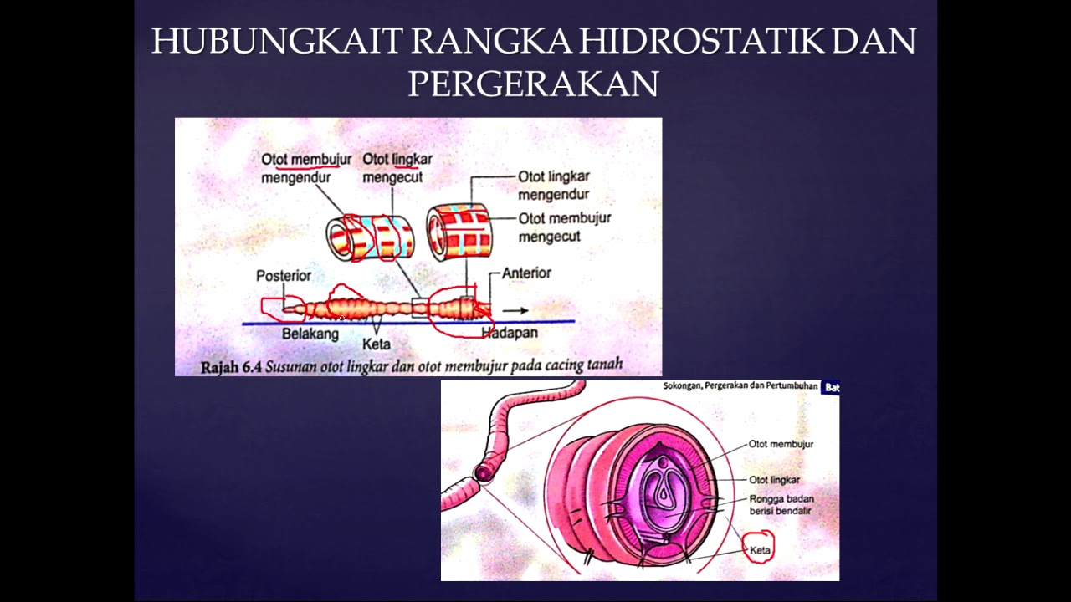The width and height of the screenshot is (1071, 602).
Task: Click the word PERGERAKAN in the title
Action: pyautogui.click(x=533, y=84)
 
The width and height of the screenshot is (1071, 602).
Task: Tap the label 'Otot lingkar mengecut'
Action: pyautogui.click(x=397, y=168)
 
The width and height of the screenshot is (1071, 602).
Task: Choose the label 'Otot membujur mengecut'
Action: pyautogui.click(x=564, y=227)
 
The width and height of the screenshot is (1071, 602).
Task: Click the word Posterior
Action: pyautogui.click(x=284, y=276)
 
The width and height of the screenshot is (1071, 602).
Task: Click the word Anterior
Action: pyautogui.click(x=526, y=273)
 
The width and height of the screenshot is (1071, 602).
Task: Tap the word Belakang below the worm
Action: pyautogui.click(x=310, y=334)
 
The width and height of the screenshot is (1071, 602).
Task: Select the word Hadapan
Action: pyautogui.click(x=510, y=333)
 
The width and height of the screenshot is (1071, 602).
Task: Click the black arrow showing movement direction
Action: pyautogui.click(x=515, y=311)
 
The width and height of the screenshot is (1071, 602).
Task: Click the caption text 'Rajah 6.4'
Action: pyautogui.click(x=231, y=366)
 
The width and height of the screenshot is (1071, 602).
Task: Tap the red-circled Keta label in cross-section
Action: pyautogui.click(x=760, y=550)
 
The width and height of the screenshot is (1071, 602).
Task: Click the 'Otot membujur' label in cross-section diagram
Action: pyautogui.click(x=781, y=445)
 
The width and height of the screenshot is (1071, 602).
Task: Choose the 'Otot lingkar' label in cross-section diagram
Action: pyautogui.click(x=774, y=480)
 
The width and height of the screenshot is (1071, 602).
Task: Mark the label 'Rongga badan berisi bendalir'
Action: pyautogui.click(x=781, y=505)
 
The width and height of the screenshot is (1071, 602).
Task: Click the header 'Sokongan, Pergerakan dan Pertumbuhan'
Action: pyautogui.click(x=740, y=387)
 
